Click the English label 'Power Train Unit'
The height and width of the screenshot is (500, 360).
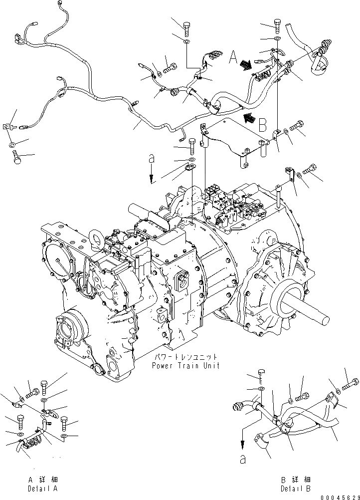point(185,365)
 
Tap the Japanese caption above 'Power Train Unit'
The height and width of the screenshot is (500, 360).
point(185,357)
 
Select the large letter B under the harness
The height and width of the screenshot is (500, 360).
point(262,123)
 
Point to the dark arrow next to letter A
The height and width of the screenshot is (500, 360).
point(246,64)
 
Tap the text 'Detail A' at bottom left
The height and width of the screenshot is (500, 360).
point(43,489)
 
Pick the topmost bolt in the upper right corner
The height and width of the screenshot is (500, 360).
point(277,23)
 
